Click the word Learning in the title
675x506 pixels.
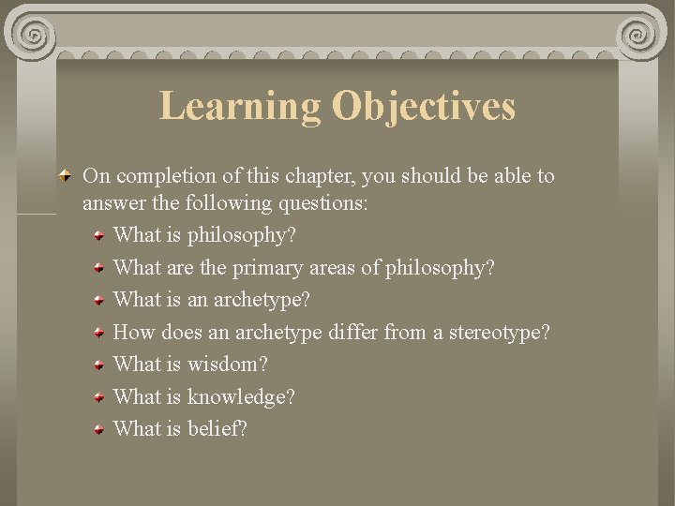[239, 106]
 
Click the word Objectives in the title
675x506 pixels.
[423, 106]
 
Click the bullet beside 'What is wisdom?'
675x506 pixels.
[98, 365]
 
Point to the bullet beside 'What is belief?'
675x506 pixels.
[98, 429]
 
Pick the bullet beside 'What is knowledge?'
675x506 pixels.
[98, 397]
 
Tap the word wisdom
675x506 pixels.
[227, 365]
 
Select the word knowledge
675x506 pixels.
[241, 397]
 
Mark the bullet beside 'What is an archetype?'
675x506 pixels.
[98, 302]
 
